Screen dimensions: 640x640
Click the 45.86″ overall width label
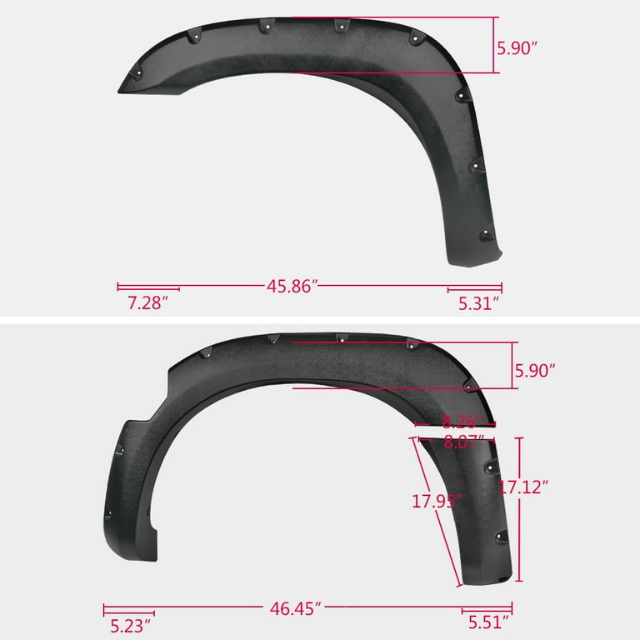292,286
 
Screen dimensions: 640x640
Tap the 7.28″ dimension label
147,302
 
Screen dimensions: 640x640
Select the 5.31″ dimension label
479,303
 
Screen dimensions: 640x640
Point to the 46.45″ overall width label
296,608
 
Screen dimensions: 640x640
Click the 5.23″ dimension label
131,626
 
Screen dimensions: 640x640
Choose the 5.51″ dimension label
488,622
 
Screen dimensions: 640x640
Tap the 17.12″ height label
522,487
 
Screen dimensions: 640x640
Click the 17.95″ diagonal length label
437,501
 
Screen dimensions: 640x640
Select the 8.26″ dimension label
462,422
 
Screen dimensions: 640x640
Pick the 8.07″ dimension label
463,442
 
